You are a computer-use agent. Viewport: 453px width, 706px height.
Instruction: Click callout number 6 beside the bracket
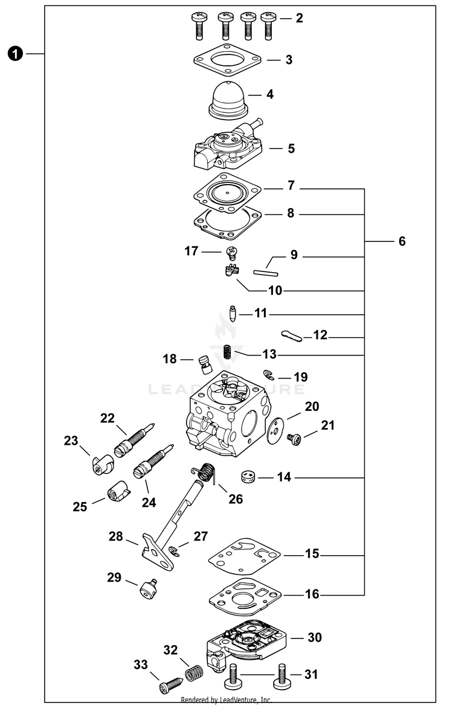click(402, 241)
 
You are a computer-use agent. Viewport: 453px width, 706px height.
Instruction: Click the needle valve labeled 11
click(233, 314)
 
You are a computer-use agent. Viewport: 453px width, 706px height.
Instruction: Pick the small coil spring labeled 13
click(228, 351)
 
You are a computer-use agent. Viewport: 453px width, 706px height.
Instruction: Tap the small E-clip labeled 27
click(174, 550)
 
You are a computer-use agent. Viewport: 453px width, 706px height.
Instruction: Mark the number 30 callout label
click(315, 637)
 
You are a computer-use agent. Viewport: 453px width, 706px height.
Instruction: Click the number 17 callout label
click(191, 250)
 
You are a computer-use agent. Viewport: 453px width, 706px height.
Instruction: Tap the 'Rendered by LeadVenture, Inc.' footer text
click(226, 701)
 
